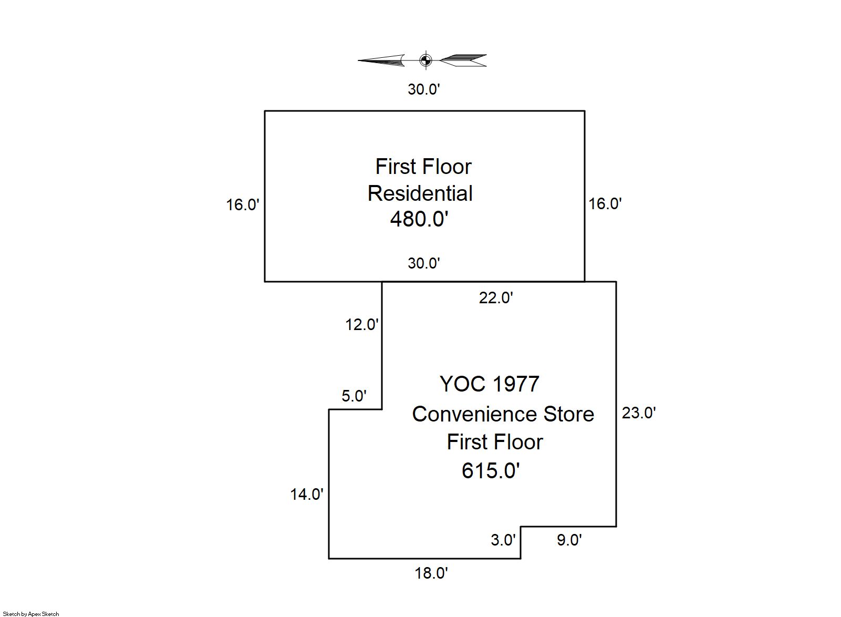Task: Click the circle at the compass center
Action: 425,60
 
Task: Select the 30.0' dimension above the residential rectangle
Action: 423,89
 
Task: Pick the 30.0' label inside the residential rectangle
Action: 423,263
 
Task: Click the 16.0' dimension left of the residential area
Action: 243,204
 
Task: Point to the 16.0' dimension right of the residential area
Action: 605,203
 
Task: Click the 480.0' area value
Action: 419,219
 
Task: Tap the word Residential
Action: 420,193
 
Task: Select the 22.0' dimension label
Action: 496,298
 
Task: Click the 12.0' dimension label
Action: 361,324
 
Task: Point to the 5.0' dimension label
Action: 354,396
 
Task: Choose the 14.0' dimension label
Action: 307,494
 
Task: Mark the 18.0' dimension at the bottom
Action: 431,573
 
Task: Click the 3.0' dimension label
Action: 503,540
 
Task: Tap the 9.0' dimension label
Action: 569,540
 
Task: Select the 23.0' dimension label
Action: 639,413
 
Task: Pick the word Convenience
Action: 475,414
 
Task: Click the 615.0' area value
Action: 491,470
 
